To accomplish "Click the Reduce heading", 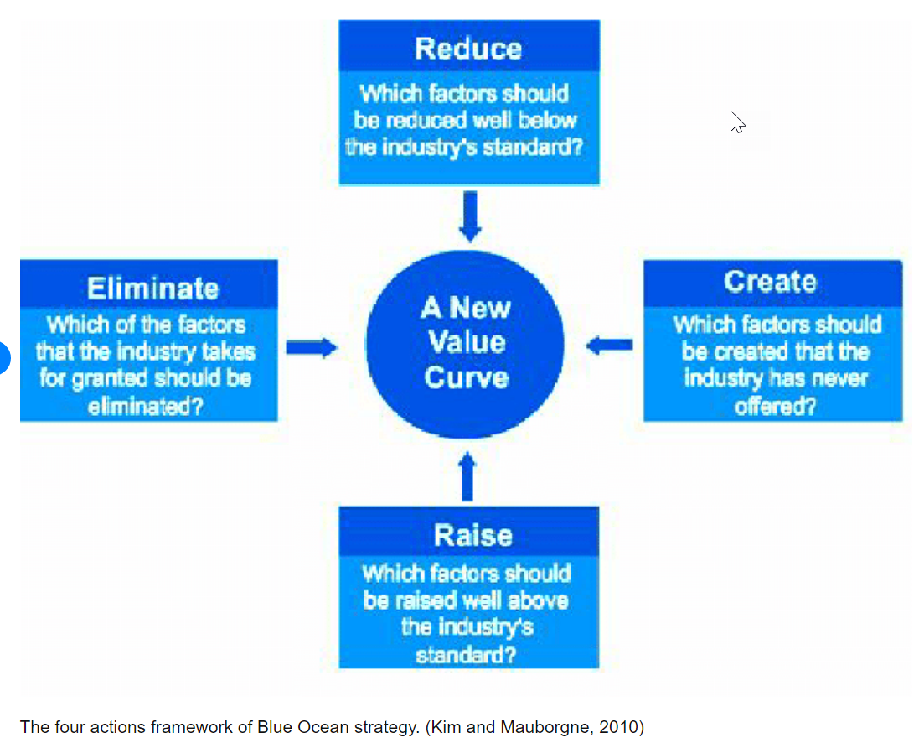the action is click(468, 48).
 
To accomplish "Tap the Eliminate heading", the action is click(153, 288).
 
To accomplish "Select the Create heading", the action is click(770, 281).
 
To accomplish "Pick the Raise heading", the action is click(473, 535).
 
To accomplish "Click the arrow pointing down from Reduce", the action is click(470, 216).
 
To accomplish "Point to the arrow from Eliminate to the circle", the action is click(312, 347).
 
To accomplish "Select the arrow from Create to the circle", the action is click(610, 346).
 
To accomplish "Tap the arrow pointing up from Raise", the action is click(467, 476).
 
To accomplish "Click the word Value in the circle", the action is click(467, 341).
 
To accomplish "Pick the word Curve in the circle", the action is click(467, 377).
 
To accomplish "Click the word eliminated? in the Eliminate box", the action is click(146, 406).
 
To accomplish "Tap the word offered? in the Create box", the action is click(775, 406).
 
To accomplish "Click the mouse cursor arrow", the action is click(737, 122).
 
